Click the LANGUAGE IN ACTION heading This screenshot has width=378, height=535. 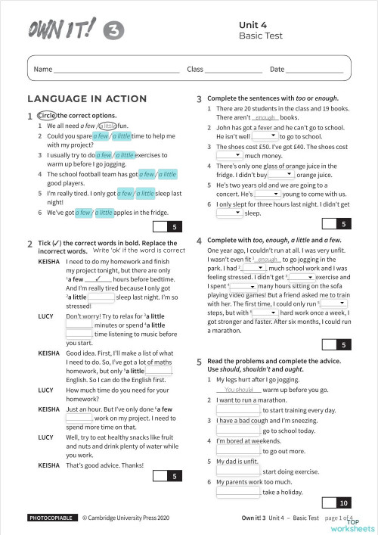click(x=87, y=99)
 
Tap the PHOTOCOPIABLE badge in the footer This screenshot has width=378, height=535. click(x=51, y=518)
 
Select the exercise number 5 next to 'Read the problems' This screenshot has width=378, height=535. click(x=199, y=362)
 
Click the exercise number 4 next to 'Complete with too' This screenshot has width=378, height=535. click(x=199, y=240)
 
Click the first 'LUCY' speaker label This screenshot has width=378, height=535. click(x=45, y=316)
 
